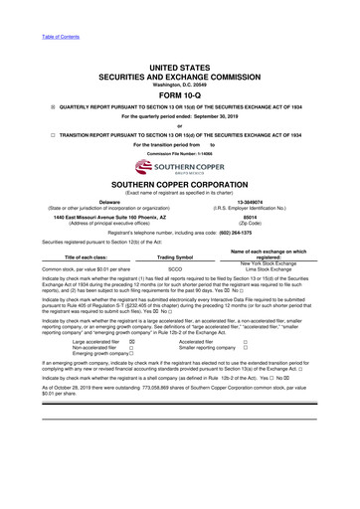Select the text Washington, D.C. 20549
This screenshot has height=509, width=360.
(179, 57)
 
